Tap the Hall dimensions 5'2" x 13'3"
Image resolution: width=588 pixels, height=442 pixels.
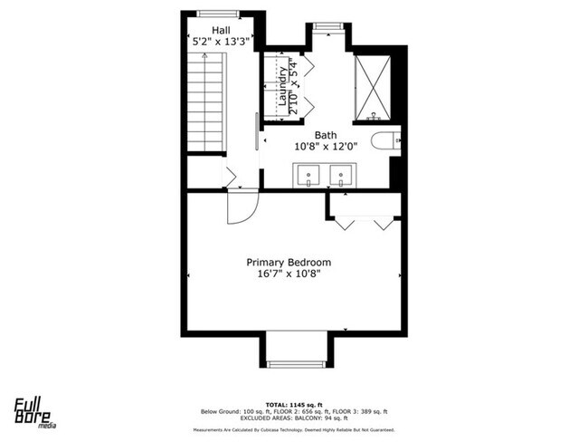click(x=222, y=42)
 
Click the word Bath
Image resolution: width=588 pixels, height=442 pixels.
click(x=326, y=135)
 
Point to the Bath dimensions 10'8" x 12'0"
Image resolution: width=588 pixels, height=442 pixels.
click(x=326, y=147)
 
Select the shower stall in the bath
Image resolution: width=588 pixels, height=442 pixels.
click(x=372, y=87)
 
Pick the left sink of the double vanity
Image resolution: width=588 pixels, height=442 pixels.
click(x=308, y=173)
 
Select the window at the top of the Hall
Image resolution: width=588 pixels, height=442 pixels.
click(x=218, y=14)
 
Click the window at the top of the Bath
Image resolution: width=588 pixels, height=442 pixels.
click(x=327, y=25)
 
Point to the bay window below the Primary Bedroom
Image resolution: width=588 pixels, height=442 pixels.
click(x=296, y=363)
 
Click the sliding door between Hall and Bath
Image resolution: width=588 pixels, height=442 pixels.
click(x=258, y=131)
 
